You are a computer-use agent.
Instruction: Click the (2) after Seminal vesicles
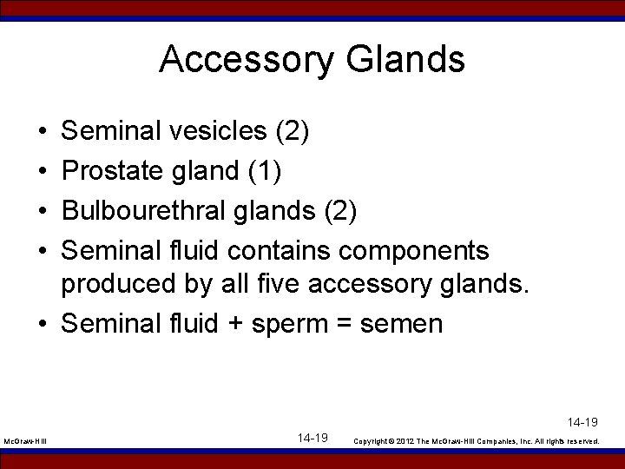(x=292, y=131)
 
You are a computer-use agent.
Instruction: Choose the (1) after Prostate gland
(x=263, y=171)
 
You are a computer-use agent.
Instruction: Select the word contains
(x=279, y=251)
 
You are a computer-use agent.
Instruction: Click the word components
(x=414, y=251)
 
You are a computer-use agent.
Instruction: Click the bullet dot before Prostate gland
(x=43, y=171)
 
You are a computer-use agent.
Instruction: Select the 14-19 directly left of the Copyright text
(x=312, y=438)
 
